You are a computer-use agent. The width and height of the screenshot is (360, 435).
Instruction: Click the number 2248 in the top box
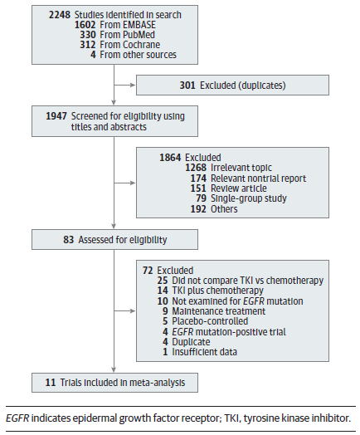(x=59, y=15)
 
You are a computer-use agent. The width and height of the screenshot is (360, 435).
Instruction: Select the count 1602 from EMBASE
(x=85, y=25)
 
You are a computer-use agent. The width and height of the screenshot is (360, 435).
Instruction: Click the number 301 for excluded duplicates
(x=187, y=86)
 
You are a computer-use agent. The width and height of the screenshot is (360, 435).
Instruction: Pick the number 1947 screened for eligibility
(x=56, y=116)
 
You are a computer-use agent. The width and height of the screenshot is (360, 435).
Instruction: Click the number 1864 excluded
(x=170, y=158)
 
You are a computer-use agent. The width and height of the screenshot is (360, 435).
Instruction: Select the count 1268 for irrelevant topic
(x=196, y=168)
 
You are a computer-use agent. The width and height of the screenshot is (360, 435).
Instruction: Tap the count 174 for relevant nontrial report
(x=198, y=178)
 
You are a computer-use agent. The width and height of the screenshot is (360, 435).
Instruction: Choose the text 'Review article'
(x=239, y=188)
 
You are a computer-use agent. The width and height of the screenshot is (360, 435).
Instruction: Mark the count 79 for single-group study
(x=202, y=198)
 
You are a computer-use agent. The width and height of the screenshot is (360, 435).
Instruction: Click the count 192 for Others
(x=198, y=209)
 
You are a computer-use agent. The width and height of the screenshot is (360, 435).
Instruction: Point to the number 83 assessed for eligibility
(x=69, y=240)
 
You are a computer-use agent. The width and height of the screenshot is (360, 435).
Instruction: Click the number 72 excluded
(x=148, y=271)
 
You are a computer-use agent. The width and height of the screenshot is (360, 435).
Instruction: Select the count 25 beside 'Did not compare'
(x=163, y=281)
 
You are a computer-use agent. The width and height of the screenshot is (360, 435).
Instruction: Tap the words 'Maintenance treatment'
(x=219, y=311)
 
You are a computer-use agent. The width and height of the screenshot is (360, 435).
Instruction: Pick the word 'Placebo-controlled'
(x=210, y=321)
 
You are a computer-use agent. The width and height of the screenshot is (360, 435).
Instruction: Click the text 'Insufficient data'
(x=205, y=352)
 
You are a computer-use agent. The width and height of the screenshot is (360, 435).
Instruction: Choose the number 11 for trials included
(x=51, y=383)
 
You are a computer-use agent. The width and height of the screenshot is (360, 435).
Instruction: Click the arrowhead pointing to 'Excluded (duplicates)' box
(x=133, y=85)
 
